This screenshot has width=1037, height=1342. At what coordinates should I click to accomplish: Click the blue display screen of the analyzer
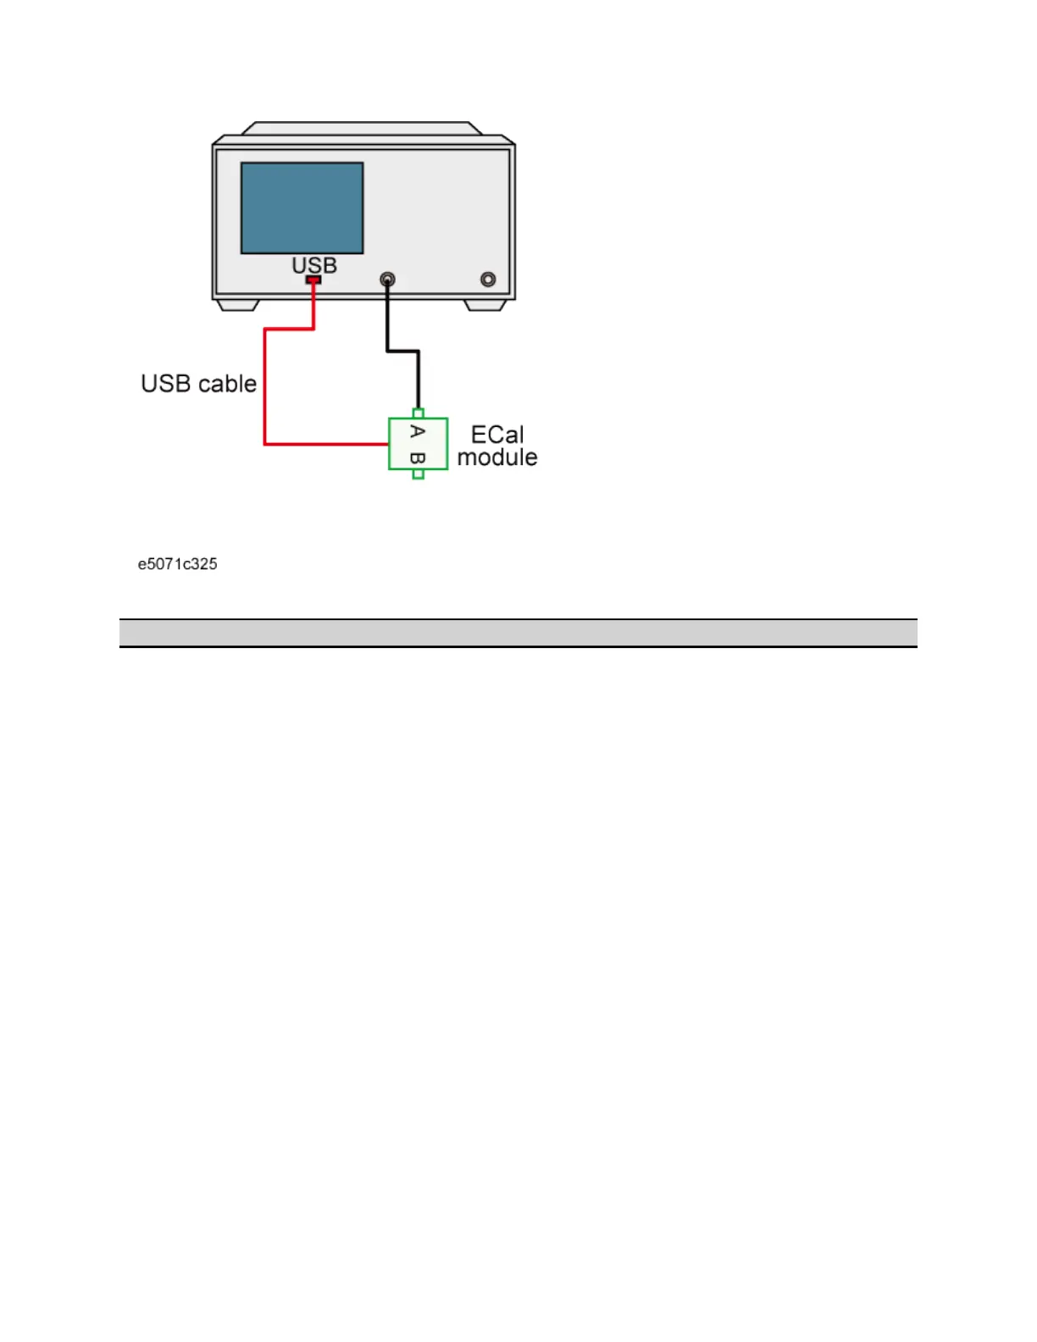point(302,208)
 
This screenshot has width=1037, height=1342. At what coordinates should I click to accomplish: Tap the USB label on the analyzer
point(314,265)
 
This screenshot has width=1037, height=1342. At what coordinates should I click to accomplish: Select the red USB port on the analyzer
point(313,280)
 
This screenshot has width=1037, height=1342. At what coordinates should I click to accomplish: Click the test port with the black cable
point(387,279)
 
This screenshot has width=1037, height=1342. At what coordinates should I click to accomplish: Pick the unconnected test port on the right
point(488,279)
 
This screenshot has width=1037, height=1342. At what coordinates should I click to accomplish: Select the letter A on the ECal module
point(417,431)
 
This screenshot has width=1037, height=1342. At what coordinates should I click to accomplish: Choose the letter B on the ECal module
point(417,458)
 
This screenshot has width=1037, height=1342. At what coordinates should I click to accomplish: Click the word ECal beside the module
point(497,435)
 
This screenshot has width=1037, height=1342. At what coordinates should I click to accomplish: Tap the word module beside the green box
point(497,457)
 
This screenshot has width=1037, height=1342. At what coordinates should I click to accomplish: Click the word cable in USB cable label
point(227,384)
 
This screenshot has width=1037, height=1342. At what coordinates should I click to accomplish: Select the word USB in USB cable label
point(166,384)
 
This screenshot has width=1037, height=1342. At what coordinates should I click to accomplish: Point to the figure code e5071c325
point(178,564)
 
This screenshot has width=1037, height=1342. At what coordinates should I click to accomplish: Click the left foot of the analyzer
point(237,305)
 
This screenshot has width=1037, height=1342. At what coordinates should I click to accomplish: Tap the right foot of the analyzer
point(485,305)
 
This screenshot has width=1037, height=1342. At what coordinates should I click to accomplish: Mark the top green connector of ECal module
point(418,413)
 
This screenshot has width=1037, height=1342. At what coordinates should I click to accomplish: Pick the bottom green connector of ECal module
point(418,474)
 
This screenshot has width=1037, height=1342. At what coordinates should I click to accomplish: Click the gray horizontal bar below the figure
point(518,633)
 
